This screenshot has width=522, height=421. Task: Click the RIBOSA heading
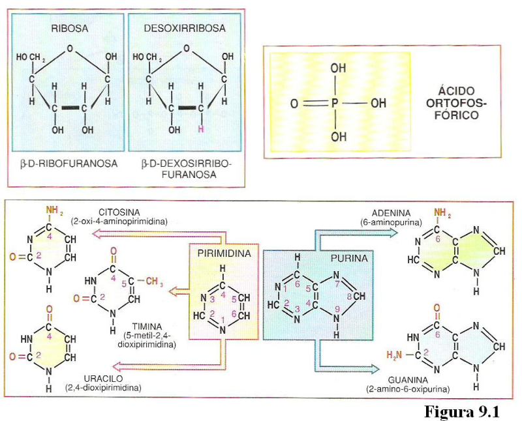(x=69, y=29)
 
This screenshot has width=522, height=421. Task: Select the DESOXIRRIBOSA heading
(x=185, y=29)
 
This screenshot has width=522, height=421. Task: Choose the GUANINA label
(x=408, y=380)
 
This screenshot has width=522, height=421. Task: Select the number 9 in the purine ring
(x=337, y=308)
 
